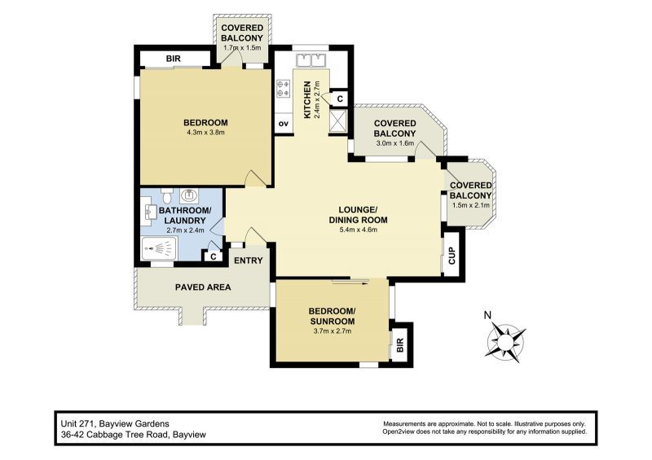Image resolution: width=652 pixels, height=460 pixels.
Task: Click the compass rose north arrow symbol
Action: [x=506, y=338]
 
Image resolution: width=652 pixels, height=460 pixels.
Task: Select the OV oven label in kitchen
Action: [x=284, y=123]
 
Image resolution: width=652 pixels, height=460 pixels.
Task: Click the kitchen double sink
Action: [x=309, y=60]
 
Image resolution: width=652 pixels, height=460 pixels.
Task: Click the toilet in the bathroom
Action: [x=166, y=196]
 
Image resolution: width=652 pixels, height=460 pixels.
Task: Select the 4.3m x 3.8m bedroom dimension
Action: [x=205, y=132]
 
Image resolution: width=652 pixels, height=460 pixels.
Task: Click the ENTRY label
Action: [x=248, y=261]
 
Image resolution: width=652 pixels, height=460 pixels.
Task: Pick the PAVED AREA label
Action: [x=203, y=287]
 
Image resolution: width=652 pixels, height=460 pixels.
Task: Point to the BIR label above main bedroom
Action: [x=173, y=59]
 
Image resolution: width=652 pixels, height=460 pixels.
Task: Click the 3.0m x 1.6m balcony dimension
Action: [x=394, y=143]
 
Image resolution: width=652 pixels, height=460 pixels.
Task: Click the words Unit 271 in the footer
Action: [x=76, y=424]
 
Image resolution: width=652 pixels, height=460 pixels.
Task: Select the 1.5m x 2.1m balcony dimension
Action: [x=471, y=205]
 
